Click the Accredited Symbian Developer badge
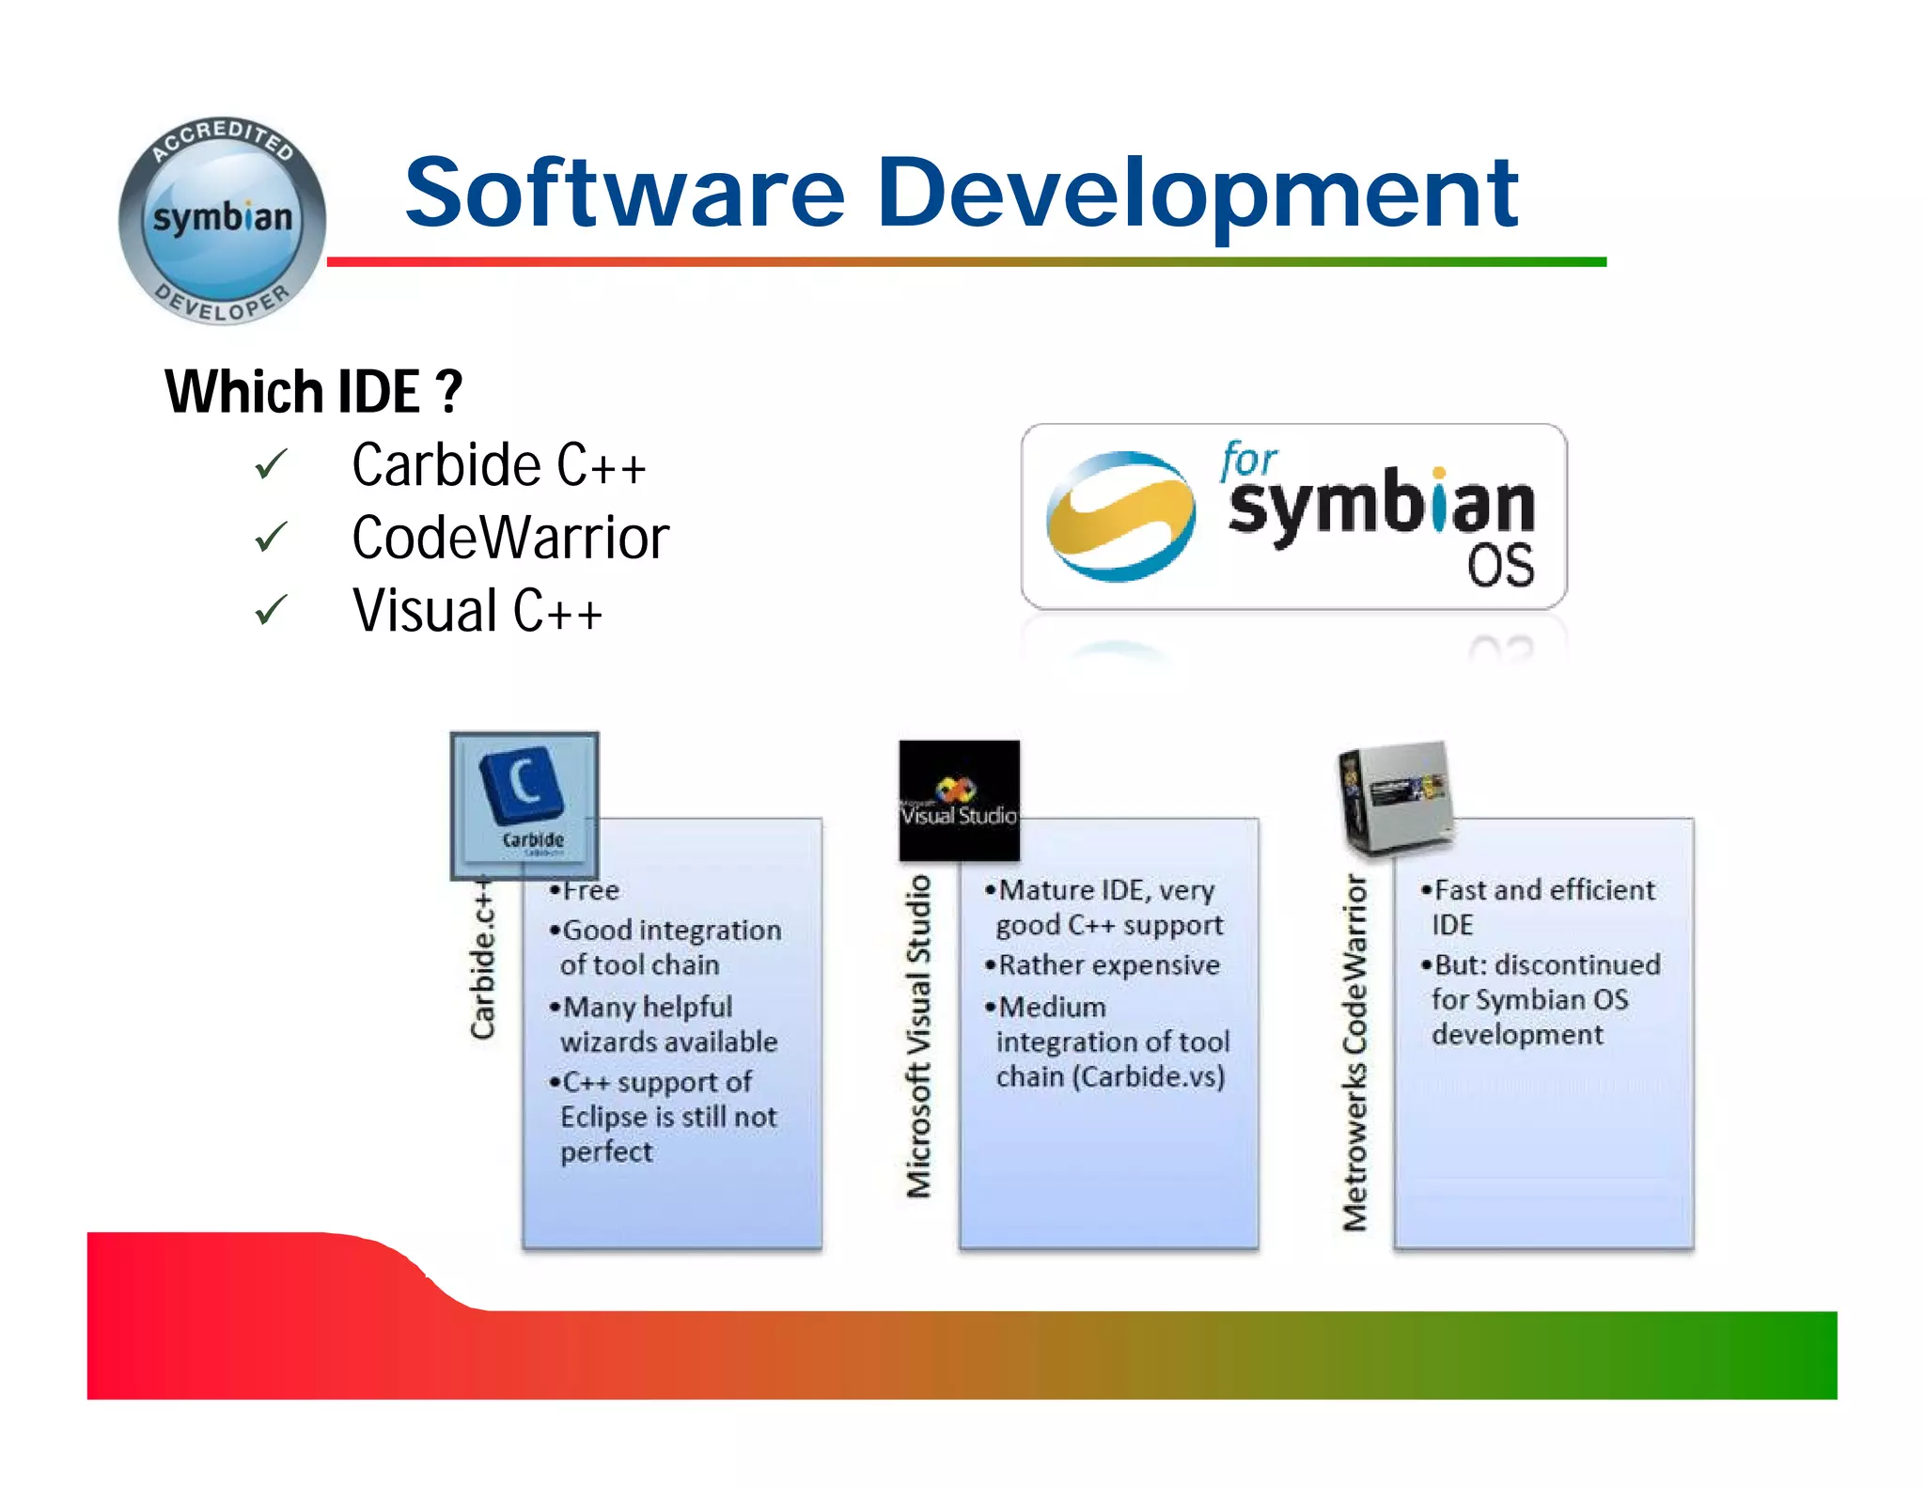pyautogui.click(x=222, y=222)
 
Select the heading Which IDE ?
pyautogui.click(x=313, y=391)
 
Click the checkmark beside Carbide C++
pyautogui.click(x=271, y=464)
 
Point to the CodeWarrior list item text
pyautogui.click(x=509, y=538)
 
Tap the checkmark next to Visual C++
pyautogui.click(x=271, y=611)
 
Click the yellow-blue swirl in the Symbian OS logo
pyautogui.click(x=1120, y=515)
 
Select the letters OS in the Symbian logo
pyautogui.click(x=1500, y=566)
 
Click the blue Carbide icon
pyautogui.click(x=524, y=805)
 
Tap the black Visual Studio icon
pyautogui.click(x=959, y=800)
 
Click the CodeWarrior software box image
pyautogui.click(x=1396, y=797)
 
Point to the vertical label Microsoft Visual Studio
pyautogui.click(x=918, y=1036)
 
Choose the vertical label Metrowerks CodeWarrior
pyautogui.click(x=1354, y=1053)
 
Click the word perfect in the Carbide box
pyautogui.click(x=606, y=1152)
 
